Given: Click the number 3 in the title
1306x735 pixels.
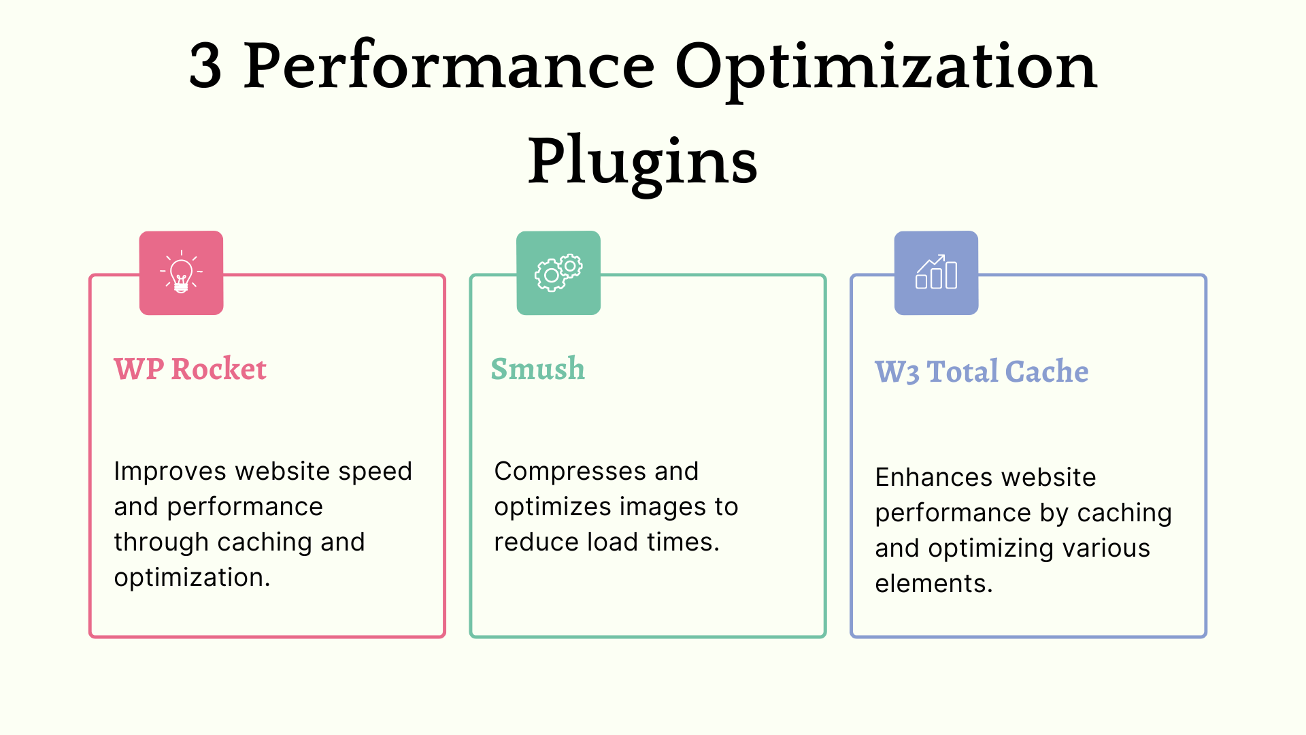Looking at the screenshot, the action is pos(205,66).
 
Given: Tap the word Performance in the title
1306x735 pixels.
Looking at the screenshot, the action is pos(449,66).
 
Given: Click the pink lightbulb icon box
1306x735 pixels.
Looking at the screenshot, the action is pos(182,273).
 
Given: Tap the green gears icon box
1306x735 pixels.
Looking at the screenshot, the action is pos(558,273).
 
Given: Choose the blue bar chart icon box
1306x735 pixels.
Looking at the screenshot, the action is pos(937,273).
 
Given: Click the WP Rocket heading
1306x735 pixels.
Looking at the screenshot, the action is pos(190,369).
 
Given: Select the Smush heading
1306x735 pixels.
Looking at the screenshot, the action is pos(537,369).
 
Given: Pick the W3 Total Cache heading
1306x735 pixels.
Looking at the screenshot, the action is pos(982,372).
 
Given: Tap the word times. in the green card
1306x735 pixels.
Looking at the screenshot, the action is pos(683,542).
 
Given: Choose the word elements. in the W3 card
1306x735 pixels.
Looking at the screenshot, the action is pos(934,584).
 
